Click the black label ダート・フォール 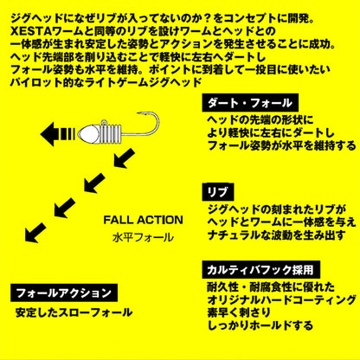(250, 103)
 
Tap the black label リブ (218, 192)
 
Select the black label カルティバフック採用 (261, 270)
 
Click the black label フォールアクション (64, 292)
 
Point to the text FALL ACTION (143, 220)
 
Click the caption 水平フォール (144, 238)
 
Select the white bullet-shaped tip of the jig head (89, 134)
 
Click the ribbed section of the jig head (112, 132)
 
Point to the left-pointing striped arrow (58, 134)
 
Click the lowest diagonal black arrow (35, 233)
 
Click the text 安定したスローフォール (74, 312)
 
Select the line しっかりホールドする (260, 325)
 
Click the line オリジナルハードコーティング (282, 300)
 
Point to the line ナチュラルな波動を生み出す (276, 235)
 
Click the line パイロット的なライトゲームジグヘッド (106, 82)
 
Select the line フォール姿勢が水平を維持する (282, 145)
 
